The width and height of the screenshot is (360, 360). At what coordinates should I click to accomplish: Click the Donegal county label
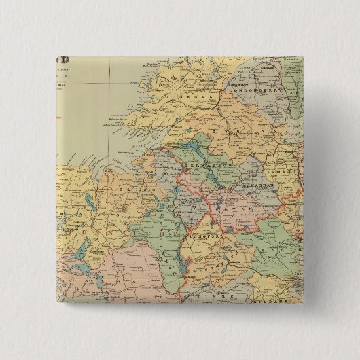pyautogui.click(x=178, y=97)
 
